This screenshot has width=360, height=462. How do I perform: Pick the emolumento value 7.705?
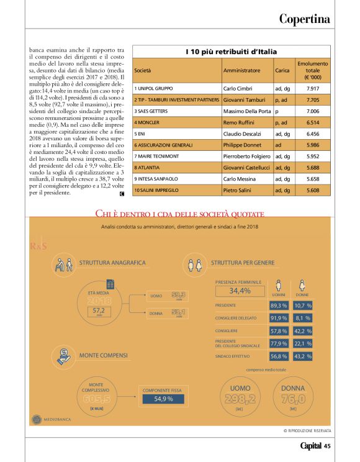click(x=313, y=99)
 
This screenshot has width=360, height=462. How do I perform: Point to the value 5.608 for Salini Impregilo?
click(x=313, y=189)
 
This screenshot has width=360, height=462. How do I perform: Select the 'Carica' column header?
click(x=282, y=71)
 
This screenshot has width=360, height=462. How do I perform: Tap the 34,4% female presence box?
click(x=240, y=291)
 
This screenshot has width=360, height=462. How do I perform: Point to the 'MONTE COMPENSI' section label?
click(x=104, y=355)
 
